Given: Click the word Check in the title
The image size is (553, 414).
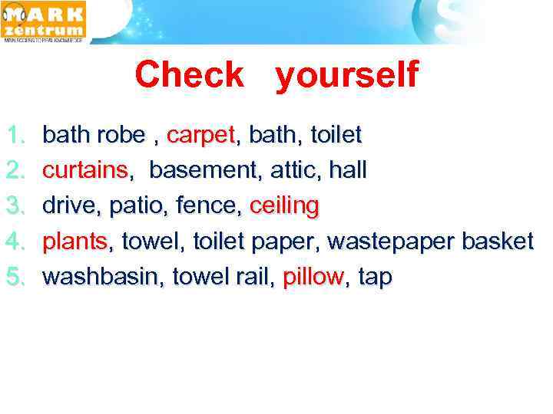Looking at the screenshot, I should click(189, 74).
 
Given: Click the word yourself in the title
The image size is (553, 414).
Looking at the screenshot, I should click(346, 76).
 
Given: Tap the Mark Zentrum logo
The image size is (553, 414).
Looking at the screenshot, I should click(45, 21).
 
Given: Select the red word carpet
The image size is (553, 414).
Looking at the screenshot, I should click(200, 136).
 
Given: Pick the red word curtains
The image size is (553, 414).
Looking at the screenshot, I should click(85, 170).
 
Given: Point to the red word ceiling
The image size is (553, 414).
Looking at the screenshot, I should click(284, 205).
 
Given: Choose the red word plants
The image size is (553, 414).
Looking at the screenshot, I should click(76, 242).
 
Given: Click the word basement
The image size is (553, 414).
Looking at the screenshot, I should click(205, 170).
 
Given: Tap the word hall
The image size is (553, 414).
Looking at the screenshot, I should click(348, 170).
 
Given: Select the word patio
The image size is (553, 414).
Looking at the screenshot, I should click(136, 205).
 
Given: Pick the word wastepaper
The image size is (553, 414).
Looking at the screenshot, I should click(390, 242).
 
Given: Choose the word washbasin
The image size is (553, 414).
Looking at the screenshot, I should click(102, 277).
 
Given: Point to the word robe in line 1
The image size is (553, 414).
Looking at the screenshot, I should click(121, 136).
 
